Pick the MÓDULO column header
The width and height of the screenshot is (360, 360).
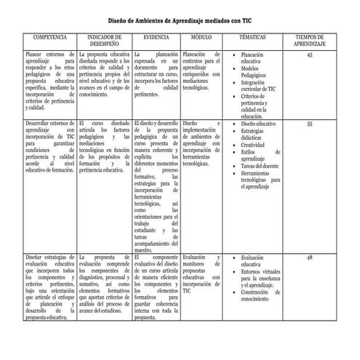(201, 36)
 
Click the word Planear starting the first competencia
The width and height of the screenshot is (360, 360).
(33, 55)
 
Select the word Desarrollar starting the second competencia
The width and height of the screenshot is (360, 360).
(39, 124)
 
